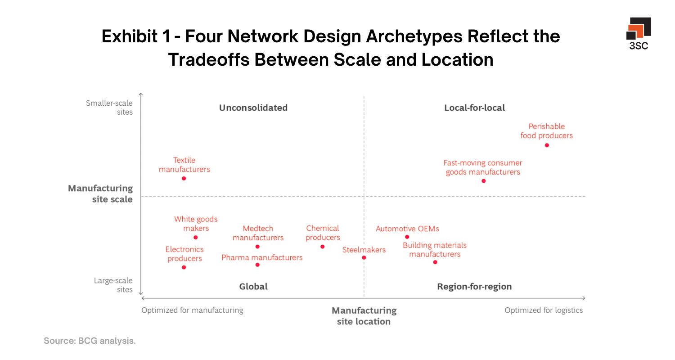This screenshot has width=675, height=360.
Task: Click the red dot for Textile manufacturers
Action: tap(184, 179)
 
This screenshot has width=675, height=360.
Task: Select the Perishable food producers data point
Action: tap(547, 145)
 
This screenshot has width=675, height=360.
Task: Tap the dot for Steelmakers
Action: tap(364, 258)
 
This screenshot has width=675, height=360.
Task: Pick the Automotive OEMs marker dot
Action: tap(407, 237)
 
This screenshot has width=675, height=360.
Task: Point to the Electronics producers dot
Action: tap(184, 267)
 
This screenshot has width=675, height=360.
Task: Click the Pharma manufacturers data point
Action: tap(257, 265)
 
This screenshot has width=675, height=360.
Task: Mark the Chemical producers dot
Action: tap(322, 247)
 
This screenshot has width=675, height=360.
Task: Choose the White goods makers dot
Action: tap(195, 238)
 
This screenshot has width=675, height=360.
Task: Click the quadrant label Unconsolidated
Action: tap(253, 108)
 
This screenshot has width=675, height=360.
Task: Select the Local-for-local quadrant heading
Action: tap(474, 108)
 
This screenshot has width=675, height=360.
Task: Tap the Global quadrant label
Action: tap(253, 287)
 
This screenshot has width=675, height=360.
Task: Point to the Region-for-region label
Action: tap(474, 287)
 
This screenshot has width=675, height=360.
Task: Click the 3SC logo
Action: tap(639, 33)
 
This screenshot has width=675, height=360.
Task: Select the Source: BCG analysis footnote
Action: tap(90, 341)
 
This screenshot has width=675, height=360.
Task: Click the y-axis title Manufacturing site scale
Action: tap(100, 193)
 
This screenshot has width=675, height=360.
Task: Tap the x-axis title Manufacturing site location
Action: tap(364, 316)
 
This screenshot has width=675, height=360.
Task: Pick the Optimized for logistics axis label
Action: tap(544, 310)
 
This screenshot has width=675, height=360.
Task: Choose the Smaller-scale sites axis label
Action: tap(109, 108)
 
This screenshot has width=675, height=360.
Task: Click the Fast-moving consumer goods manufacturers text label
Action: tap(483, 167)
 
